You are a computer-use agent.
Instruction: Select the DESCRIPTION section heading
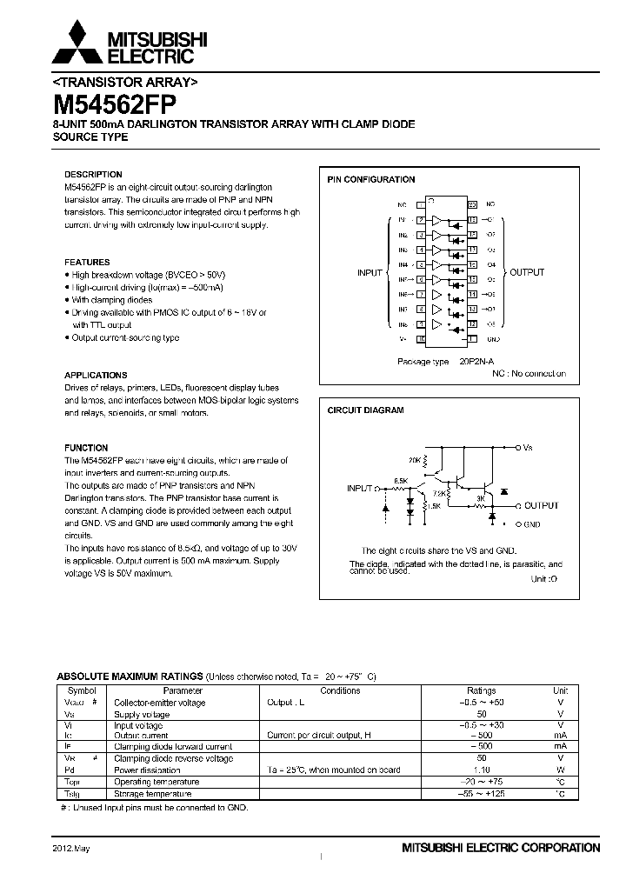93,174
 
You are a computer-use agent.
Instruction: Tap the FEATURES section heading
87,262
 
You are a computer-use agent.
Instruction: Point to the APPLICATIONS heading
96,376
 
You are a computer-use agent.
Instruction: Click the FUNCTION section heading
86,448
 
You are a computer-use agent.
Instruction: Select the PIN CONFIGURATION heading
370,180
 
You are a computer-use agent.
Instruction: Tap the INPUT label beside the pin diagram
370,273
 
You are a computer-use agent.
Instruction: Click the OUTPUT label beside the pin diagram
527,273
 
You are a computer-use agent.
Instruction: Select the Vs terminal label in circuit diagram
527,447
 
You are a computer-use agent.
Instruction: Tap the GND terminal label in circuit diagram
532,524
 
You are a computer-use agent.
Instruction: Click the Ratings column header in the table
481,690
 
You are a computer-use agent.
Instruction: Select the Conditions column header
340,690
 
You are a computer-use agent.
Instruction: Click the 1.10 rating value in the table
481,770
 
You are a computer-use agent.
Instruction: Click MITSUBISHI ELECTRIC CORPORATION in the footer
500,847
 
